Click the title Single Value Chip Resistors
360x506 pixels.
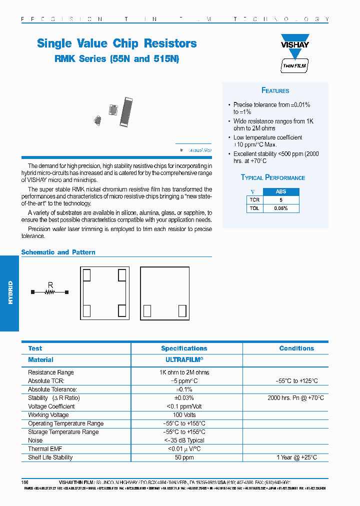point(117,43)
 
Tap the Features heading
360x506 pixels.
point(275,90)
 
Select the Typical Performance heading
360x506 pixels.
point(273,177)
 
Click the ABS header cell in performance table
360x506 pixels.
point(281,191)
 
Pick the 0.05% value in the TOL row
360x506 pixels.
point(281,208)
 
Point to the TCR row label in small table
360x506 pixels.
point(254,199)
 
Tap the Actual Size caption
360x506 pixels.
point(200,150)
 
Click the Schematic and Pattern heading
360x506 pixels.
point(58,252)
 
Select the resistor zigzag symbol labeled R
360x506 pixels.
point(49,292)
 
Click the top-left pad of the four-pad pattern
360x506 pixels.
point(86,274)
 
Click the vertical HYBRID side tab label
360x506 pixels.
point(10,292)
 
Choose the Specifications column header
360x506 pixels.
point(184,348)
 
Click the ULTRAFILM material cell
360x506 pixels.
point(184,359)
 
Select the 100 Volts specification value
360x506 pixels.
point(184,415)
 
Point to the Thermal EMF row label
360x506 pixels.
point(45,449)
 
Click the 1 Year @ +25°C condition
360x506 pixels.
point(296,457)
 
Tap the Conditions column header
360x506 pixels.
point(296,348)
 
